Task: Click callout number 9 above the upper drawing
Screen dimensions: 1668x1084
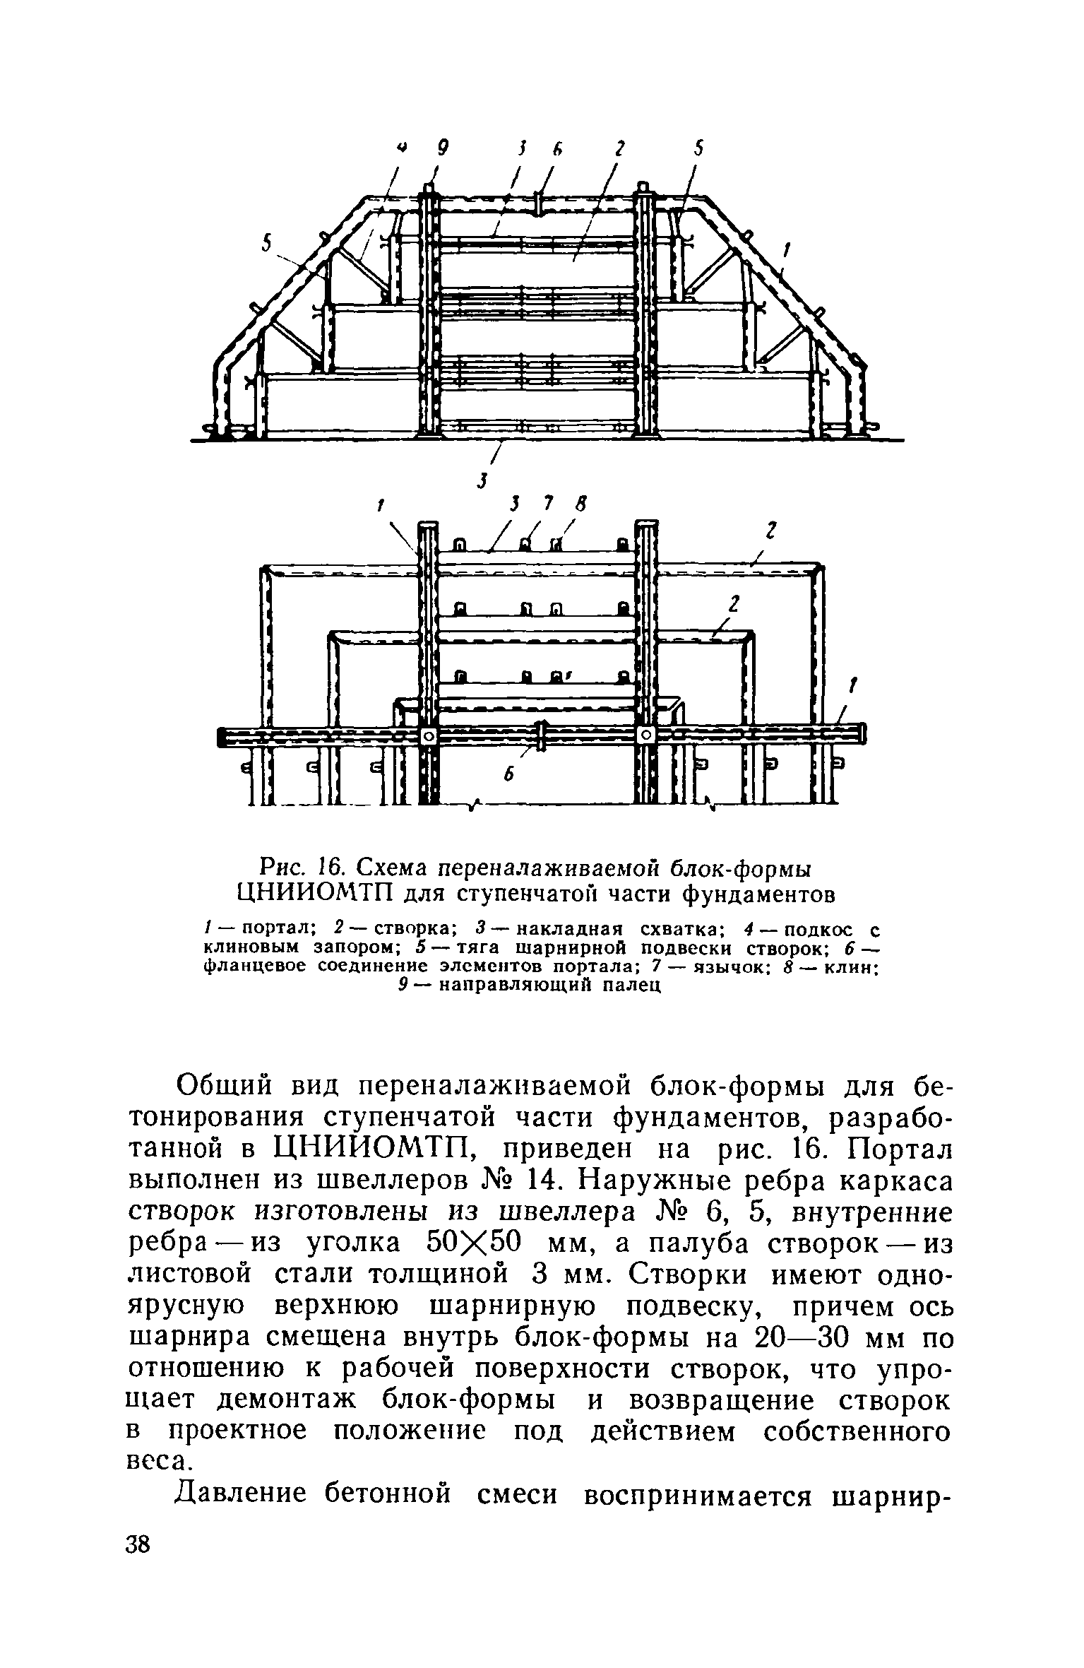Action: (443, 148)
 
